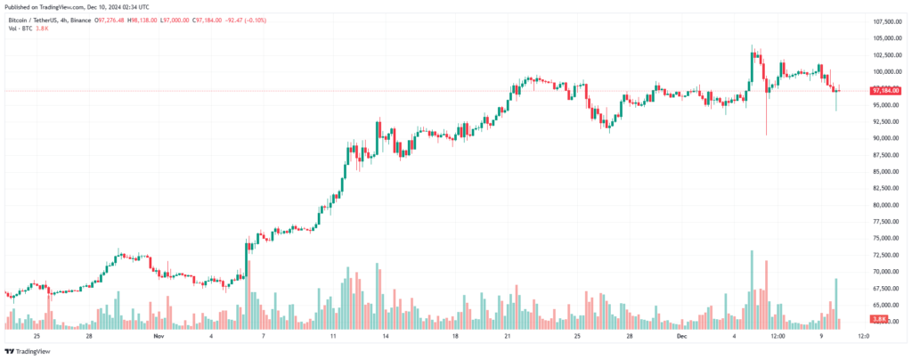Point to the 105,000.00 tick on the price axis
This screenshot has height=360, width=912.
pos(887,38)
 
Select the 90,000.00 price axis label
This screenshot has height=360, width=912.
pos(887,138)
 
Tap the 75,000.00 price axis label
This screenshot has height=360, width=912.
pos(887,238)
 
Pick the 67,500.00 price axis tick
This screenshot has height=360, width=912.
pos(887,288)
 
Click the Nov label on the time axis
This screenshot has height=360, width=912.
pos(159,337)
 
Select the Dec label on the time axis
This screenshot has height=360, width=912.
pos(681,337)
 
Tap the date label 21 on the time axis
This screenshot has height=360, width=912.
pos(507,337)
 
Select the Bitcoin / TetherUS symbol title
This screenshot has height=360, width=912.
pos(37,19)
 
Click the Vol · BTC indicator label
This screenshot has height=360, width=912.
pos(20,29)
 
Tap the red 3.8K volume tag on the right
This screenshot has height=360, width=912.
pos(879,318)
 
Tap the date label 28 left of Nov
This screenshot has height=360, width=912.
pos(89,337)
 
